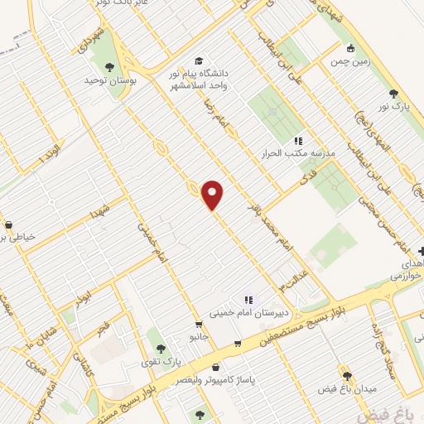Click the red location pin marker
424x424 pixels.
(213, 195)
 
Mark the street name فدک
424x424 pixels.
(307, 177)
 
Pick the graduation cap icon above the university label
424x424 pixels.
(199, 62)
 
